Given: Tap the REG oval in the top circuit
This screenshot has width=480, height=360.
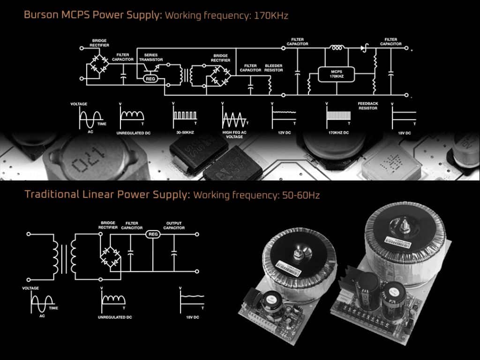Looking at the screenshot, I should click(150, 78).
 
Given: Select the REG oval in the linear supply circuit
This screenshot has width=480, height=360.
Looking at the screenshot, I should click(153, 233).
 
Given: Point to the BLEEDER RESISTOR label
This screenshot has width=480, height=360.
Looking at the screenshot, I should click(274, 68).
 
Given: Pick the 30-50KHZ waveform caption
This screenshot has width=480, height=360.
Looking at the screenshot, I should click(184, 133).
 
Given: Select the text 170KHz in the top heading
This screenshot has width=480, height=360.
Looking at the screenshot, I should click(270, 15).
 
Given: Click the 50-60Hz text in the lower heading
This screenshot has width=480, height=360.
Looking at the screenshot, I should click(297, 195).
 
